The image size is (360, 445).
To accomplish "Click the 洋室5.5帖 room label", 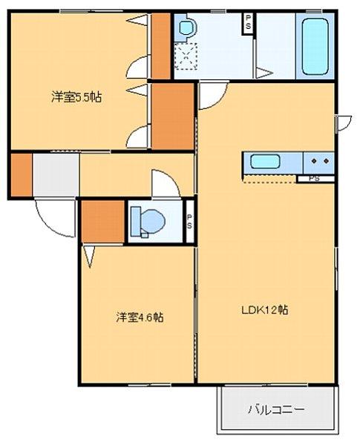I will point(76,97).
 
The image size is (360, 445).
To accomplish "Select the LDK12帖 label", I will point(264,311).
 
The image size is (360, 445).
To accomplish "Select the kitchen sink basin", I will point(265,161).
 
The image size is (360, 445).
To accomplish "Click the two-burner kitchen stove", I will point(320,161).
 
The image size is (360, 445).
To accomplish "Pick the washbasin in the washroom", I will point(186,29).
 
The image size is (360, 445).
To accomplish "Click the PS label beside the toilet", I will point(190,220).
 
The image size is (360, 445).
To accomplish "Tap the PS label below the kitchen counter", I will point(315,179).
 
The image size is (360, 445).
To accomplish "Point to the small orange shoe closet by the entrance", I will point(22,174).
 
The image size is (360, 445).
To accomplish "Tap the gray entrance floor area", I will point(56,175).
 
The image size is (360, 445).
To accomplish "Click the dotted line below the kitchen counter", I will point(271,181).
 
